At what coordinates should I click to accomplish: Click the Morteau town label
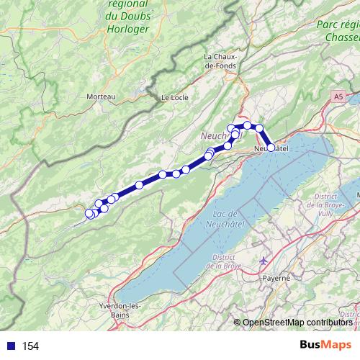(x=101, y=96)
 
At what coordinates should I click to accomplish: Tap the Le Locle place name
(x=174, y=97)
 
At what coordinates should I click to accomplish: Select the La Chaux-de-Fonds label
(x=225, y=61)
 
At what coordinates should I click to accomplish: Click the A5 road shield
(x=338, y=95)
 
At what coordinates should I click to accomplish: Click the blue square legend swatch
(x=10, y=346)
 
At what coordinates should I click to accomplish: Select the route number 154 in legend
(x=30, y=346)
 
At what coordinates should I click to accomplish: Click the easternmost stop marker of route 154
(x=271, y=148)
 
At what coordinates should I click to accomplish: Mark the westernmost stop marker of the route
(x=89, y=213)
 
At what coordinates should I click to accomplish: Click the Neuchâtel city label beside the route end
(x=274, y=149)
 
